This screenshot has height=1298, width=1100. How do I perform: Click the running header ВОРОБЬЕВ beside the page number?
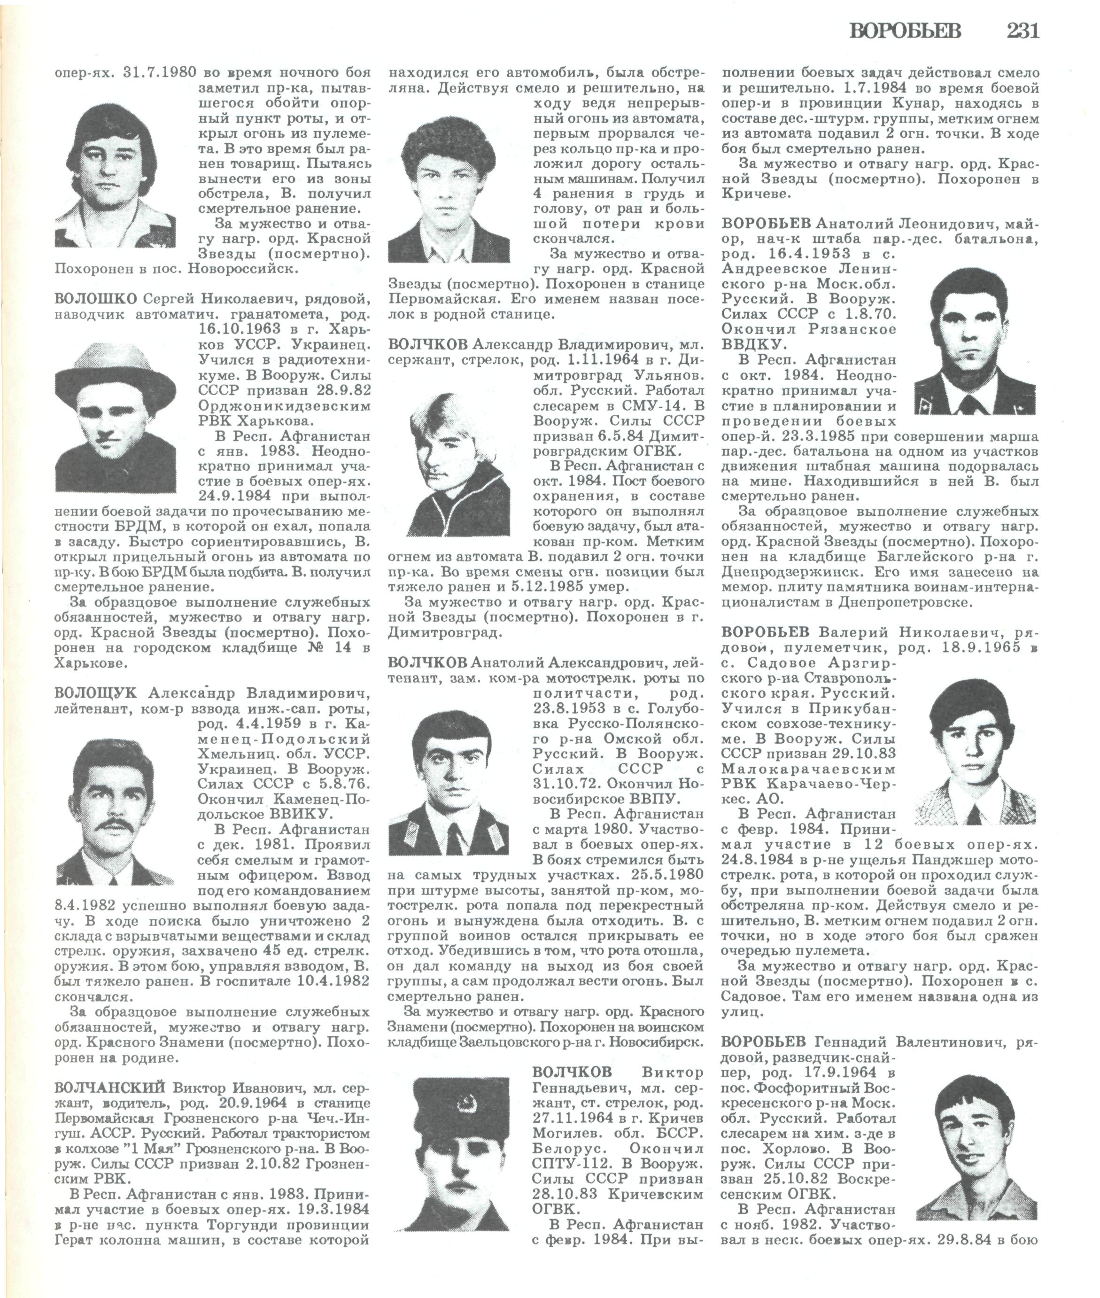click(906, 30)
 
